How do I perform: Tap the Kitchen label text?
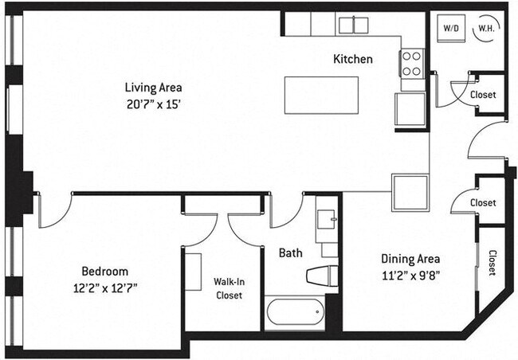(x=352, y=59)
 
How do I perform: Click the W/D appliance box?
(x=450, y=29)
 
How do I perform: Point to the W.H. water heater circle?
(x=485, y=29)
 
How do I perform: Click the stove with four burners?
(x=411, y=64)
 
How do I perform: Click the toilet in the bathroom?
(x=323, y=275)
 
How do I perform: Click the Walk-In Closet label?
(x=227, y=288)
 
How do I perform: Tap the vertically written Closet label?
(x=492, y=262)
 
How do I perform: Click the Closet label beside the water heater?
(x=483, y=95)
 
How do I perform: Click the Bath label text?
(x=289, y=253)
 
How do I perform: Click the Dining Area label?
(x=410, y=259)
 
